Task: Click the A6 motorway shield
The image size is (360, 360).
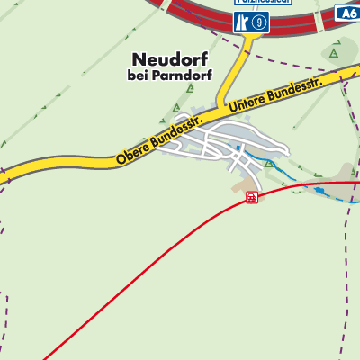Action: [348, 13]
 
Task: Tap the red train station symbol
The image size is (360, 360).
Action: [252, 197]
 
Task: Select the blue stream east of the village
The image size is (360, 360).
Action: [306, 180]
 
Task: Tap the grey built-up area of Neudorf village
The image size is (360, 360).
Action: [225, 144]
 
